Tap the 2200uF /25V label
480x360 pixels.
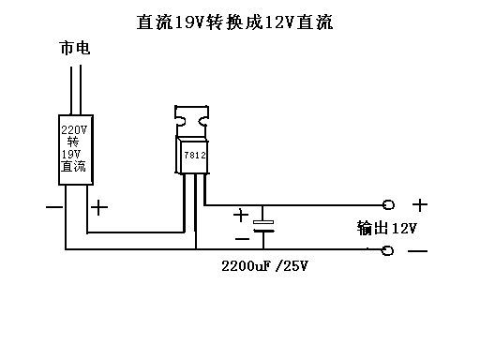265,266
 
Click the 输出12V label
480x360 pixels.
386,228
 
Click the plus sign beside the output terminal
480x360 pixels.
421,204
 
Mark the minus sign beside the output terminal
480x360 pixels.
418,251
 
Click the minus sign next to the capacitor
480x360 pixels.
243,237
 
